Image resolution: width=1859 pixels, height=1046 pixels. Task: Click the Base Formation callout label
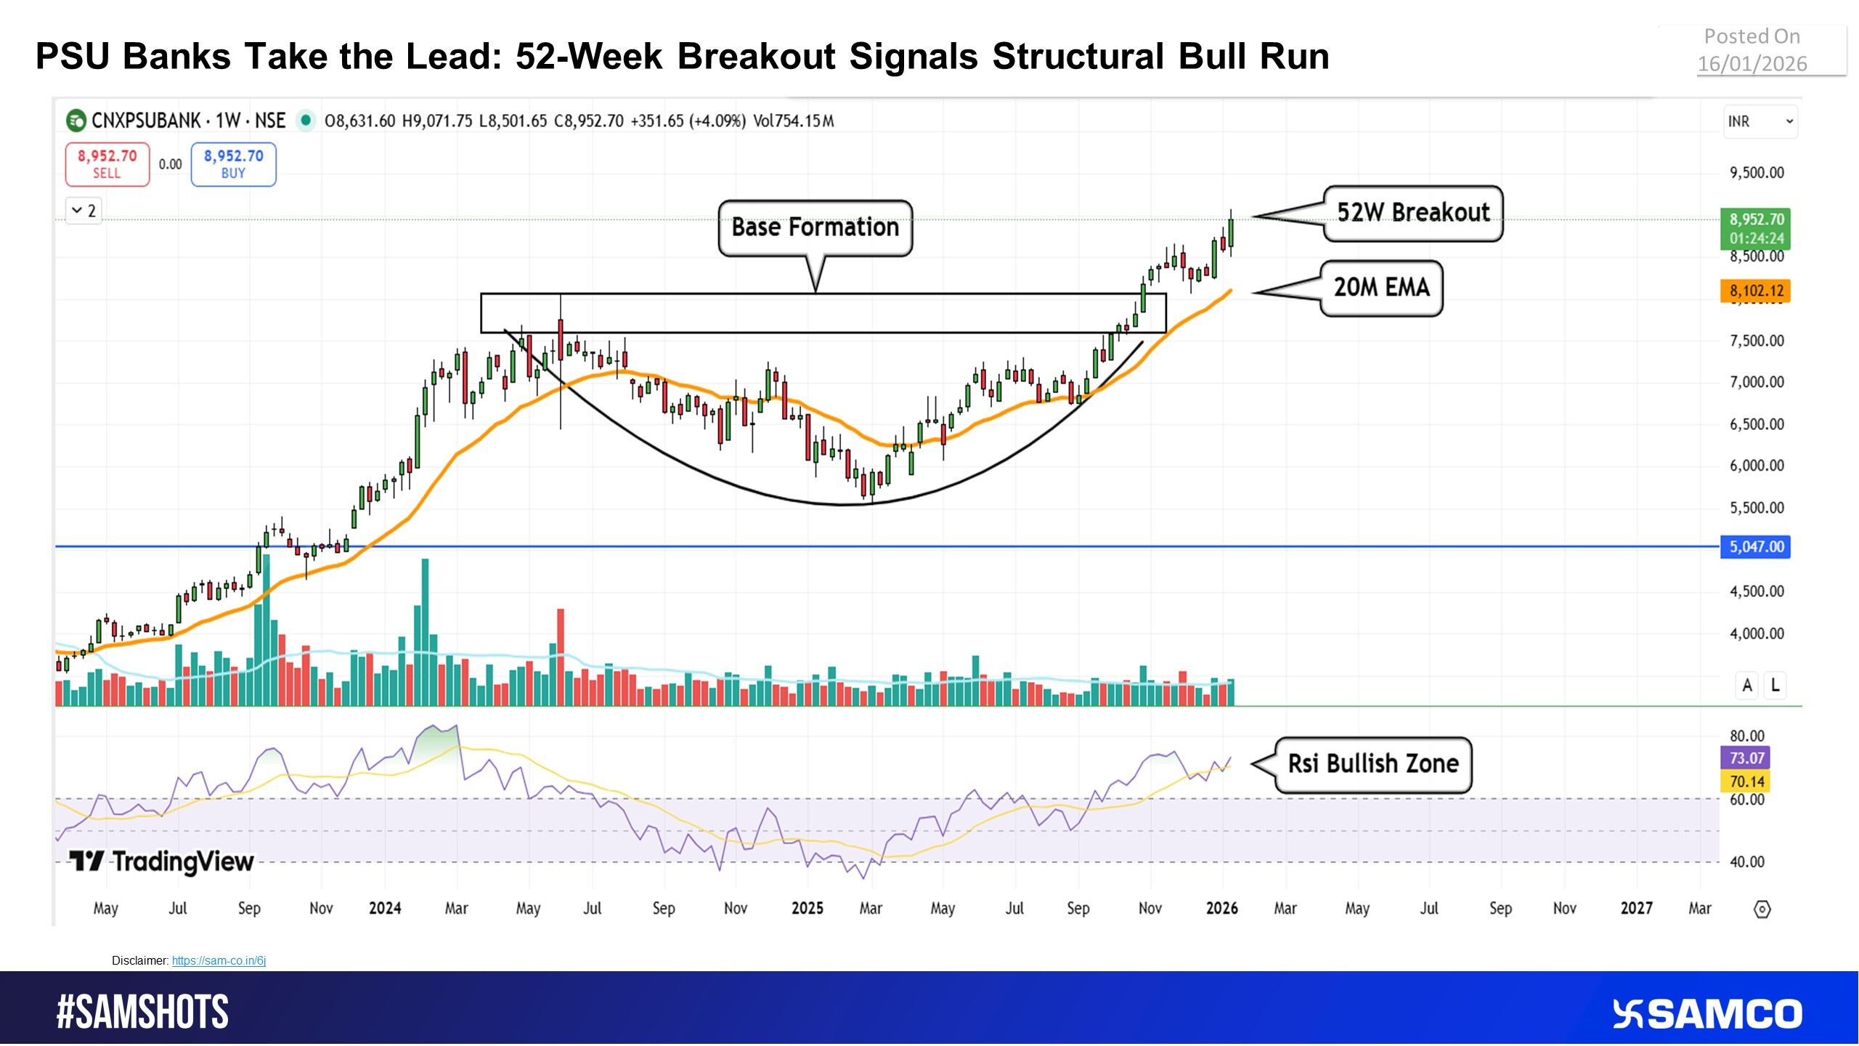click(815, 227)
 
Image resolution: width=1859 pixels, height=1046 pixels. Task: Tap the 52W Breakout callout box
click(1412, 213)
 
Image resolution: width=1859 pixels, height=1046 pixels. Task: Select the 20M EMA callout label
click(1381, 288)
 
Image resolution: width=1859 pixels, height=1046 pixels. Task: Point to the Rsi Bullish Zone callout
click(1372, 764)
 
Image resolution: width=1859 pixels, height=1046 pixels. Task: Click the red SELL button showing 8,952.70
click(107, 164)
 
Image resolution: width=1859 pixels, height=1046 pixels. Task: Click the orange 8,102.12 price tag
click(1756, 291)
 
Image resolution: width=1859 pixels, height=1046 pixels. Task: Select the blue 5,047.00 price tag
click(1755, 547)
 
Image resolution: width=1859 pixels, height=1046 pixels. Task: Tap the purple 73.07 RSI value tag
click(1746, 758)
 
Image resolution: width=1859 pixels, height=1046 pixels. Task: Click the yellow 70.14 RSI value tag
click(1746, 782)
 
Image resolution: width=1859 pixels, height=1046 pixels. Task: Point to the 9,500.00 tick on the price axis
click(1756, 173)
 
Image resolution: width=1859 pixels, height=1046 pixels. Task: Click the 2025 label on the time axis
click(807, 908)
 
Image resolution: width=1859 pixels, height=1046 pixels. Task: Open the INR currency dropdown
click(1760, 121)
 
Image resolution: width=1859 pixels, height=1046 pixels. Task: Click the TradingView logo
click(161, 861)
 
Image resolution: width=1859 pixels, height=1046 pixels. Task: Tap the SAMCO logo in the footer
click(1707, 1014)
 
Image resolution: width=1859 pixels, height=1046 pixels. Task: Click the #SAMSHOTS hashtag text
click(143, 1013)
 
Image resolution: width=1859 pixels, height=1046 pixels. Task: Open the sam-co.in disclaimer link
click(219, 960)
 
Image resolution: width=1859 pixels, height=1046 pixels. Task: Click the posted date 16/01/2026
click(1752, 64)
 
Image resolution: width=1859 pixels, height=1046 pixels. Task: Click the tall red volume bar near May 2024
click(561, 654)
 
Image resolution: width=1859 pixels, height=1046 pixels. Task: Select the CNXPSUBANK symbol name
click(145, 121)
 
